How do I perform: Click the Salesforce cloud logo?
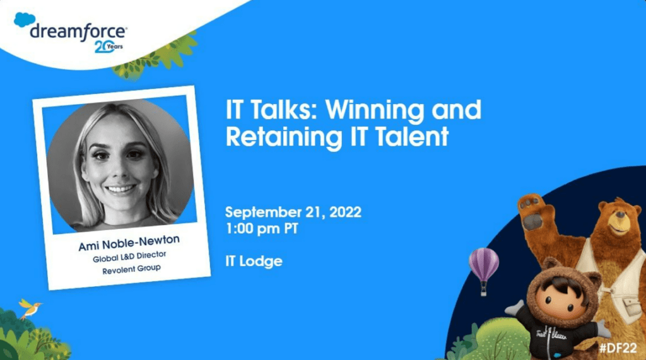(x=25, y=20)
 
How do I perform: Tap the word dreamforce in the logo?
(x=78, y=32)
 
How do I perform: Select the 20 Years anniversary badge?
(x=109, y=47)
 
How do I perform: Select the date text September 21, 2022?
(x=293, y=212)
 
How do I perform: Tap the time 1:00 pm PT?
(x=262, y=228)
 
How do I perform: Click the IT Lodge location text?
(x=254, y=261)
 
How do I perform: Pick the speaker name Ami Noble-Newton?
(x=129, y=243)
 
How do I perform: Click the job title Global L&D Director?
(x=129, y=257)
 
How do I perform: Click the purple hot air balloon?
(x=484, y=268)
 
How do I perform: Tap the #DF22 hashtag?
(x=618, y=347)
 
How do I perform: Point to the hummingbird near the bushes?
(x=30, y=309)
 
